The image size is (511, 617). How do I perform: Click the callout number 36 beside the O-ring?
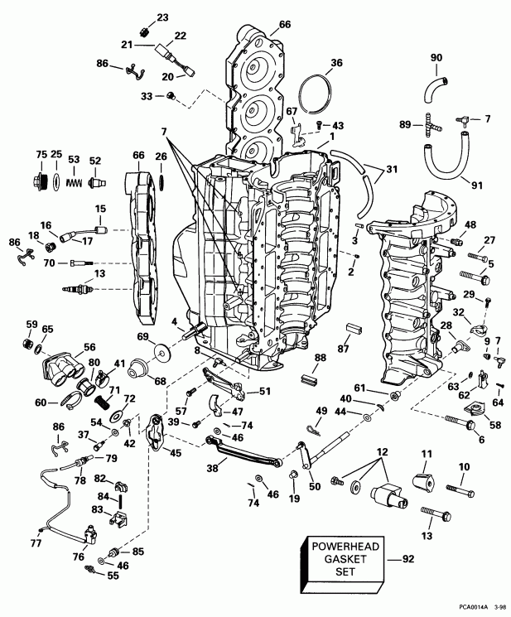336,62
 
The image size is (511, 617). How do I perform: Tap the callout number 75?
41,154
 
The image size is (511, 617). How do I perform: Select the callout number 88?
320,357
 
